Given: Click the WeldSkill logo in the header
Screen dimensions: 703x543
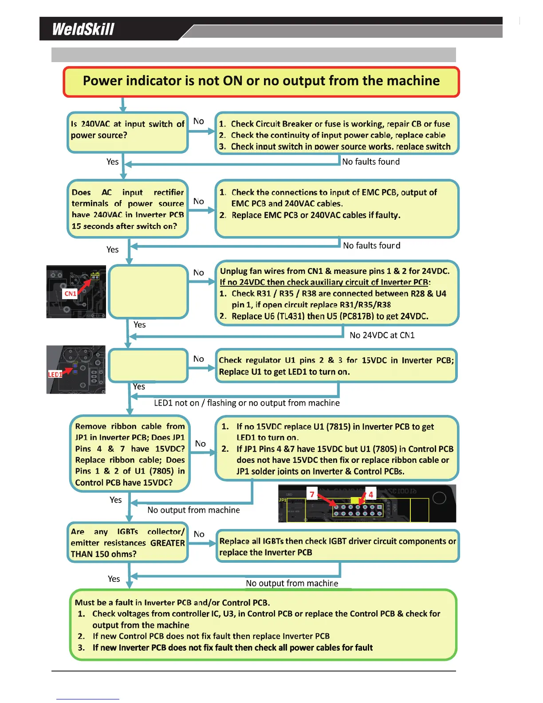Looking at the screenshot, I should (x=83, y=29).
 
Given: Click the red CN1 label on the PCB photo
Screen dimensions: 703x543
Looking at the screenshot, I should (x=70, y=293).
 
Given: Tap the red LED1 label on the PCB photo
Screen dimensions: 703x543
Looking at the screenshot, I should (x=55, y=374).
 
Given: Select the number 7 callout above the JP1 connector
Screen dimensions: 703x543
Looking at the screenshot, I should (x=312, y=494).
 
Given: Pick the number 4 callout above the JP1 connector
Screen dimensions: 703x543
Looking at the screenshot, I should (x=371, y=494).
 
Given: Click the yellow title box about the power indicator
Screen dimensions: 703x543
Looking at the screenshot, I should (x=261, y=82).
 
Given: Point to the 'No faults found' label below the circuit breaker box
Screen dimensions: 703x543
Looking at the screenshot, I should (x=371, y=162).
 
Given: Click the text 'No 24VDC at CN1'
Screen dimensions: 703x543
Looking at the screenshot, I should (x=382, y=335).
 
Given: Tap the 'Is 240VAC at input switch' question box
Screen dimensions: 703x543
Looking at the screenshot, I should (x=128, y=132).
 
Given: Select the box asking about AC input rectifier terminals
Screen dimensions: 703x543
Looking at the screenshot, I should (x=128, y=209).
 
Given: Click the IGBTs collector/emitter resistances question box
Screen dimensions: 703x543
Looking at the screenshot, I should (x=128, y=542).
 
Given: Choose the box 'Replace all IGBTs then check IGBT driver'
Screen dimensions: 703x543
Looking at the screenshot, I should (x=337, y=546).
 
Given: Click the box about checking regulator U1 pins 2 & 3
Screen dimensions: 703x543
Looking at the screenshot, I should (x=336, y=366).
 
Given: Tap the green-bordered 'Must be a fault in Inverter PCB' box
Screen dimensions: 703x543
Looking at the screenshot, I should (x=263, y=624).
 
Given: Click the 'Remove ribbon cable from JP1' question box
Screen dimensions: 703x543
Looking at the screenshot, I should (x=130, y=454).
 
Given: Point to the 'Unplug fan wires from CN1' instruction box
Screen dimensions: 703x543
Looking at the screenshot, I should (x=337, y=293).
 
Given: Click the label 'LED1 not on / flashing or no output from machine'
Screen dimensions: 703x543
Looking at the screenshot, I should (x=247, y=403).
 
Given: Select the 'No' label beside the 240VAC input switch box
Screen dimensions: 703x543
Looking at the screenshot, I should (x=199, y=121).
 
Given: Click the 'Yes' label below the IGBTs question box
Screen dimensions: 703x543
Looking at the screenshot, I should (x=114, y=579).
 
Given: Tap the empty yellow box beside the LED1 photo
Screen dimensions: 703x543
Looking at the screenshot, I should (x=148, y=365).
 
